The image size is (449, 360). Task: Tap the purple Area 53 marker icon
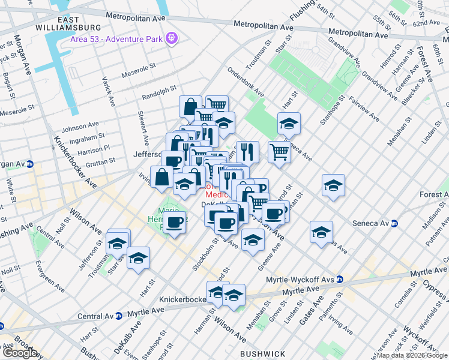point(172,38)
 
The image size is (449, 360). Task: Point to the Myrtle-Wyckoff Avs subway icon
point(340,279)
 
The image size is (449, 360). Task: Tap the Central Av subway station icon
point(118,316)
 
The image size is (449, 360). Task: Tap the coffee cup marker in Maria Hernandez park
point(174,223)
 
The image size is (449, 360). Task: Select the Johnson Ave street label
point(79,126)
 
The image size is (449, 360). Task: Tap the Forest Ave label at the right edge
point(433,194)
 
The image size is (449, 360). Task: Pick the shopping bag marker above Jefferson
point(190,107)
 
